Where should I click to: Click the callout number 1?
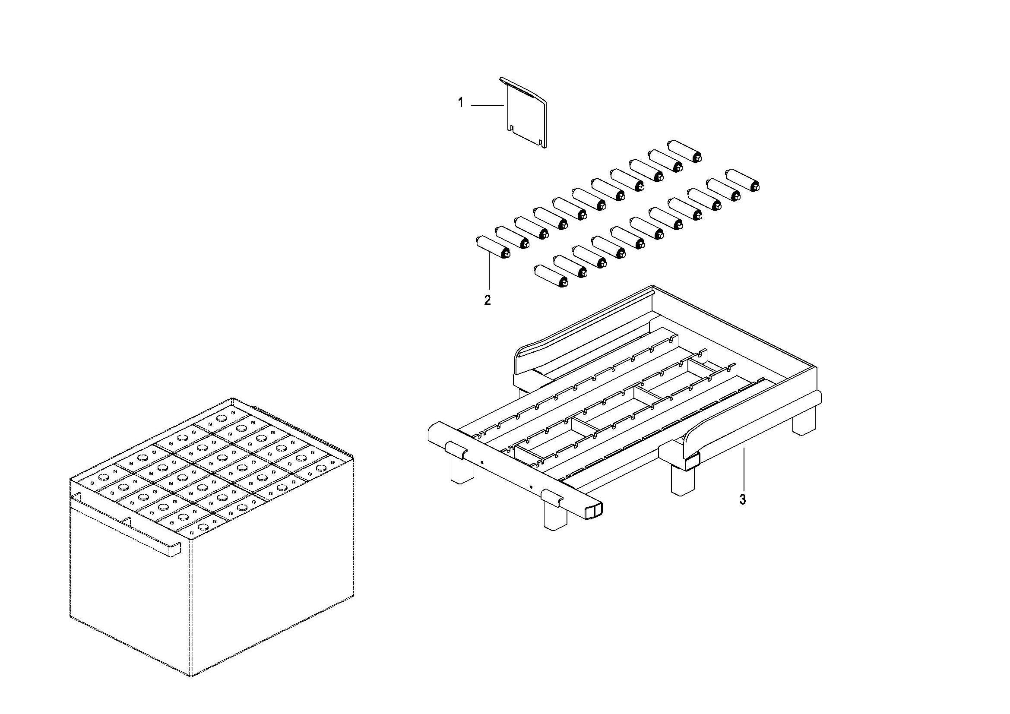(461, 103)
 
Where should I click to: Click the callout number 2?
(488, 301)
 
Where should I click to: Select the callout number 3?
(743, 500)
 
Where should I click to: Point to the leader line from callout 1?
(488, 105)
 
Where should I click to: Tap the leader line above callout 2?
(489, 272)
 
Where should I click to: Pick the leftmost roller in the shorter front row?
(550, 276)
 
